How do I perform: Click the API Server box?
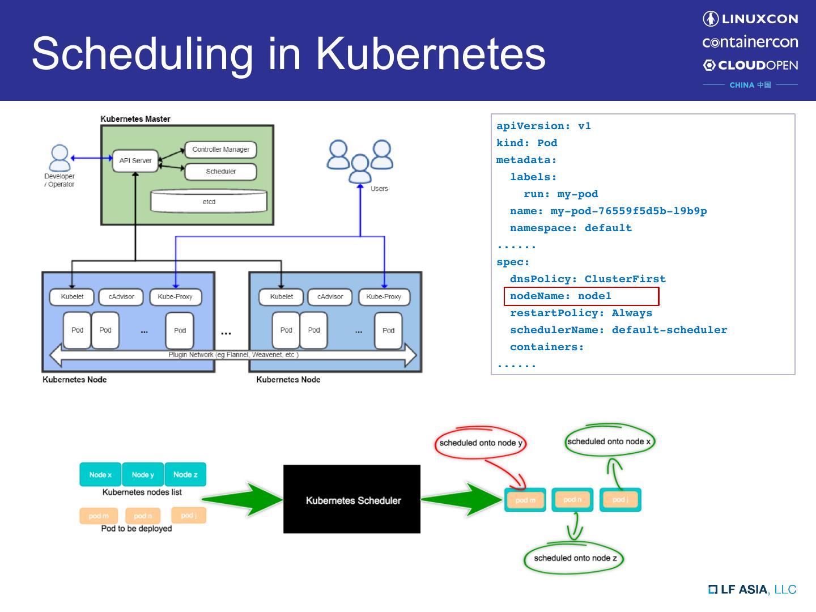coord(135,160)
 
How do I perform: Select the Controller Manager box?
coord(220,150)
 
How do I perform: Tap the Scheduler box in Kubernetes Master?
coord(220,171)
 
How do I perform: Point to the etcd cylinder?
coord(209,201)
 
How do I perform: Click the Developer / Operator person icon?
coord(59,158)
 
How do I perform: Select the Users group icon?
coord(360,161)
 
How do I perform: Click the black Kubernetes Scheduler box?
coord(352,499)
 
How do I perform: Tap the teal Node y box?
coord(143,474)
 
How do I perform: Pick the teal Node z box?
coord(185,474)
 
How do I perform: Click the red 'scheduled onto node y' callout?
coord(481,443)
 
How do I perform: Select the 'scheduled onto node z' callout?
coord(573,558)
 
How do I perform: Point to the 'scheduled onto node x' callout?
coord(609,441)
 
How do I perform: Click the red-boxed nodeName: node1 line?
coord(581,296)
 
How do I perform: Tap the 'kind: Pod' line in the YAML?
coord(526,143)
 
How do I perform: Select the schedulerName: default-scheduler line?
coord(618,330)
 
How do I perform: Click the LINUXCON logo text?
coord(759,19)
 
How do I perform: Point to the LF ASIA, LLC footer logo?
coord(753,589)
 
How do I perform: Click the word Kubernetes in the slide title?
coord(430,53)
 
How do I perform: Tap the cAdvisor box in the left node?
coord(121,296)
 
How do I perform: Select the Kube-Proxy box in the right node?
coord(384,296)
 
